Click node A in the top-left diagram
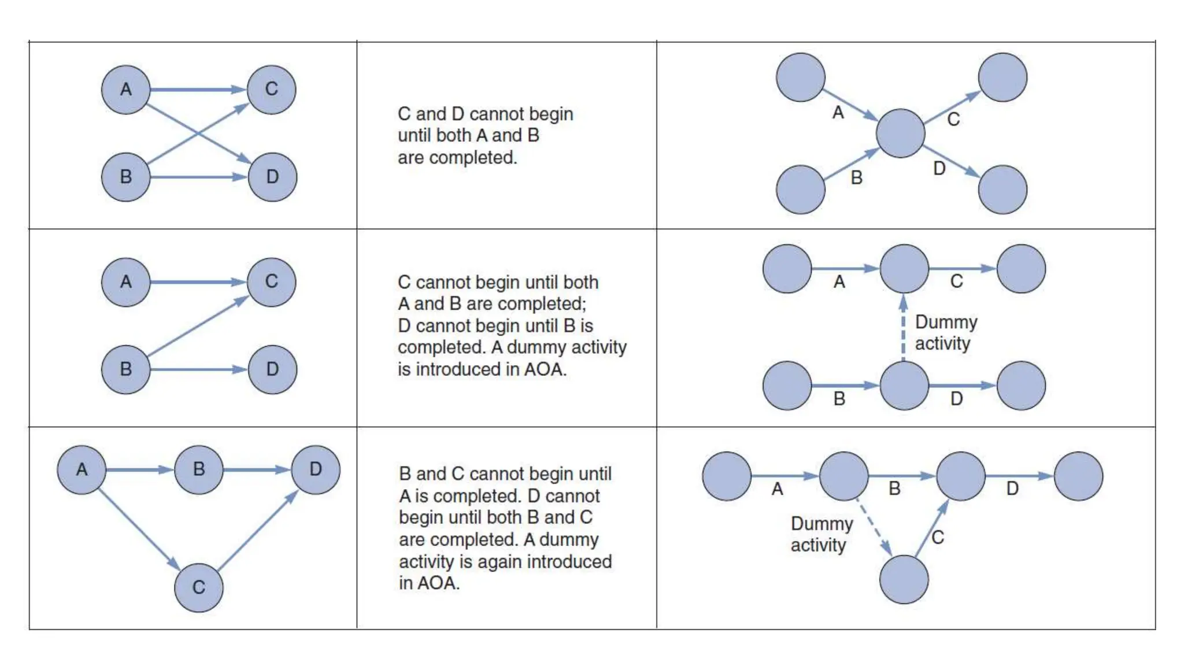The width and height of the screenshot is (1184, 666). (125, 90)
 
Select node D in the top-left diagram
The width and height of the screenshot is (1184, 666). (272, 177)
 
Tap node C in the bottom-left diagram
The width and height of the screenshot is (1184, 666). (198, 587)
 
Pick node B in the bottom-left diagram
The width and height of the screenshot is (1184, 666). (198, 469)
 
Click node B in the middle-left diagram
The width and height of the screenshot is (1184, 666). (125, 369)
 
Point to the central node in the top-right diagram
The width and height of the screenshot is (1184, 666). (900, 134)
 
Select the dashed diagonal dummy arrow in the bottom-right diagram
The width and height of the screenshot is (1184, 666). (873, 527)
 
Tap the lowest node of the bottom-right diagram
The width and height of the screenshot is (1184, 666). (904, 579)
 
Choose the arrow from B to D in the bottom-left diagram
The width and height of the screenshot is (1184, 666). (256, 470)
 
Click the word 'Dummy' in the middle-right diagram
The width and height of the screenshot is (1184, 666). (946, 323)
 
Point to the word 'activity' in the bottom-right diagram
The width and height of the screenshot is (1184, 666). (818, 545)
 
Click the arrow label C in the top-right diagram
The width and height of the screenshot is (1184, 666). (953, 120)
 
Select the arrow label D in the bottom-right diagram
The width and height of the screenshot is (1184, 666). (1012, 489)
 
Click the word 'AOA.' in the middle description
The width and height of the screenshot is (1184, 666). (545, 369)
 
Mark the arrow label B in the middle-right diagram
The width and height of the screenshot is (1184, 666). (839, 399)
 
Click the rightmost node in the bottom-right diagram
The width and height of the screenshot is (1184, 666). (1078, 476)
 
